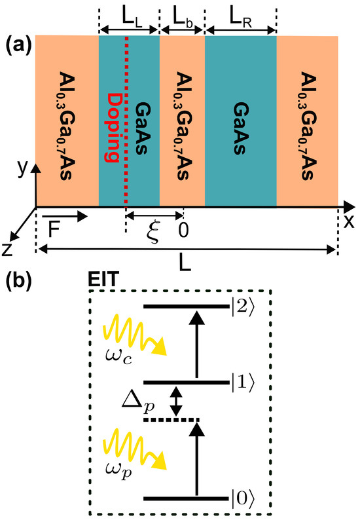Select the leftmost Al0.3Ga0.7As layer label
click(67, 120)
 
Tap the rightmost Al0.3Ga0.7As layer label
click(308, 120)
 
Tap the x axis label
click(349, 221)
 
